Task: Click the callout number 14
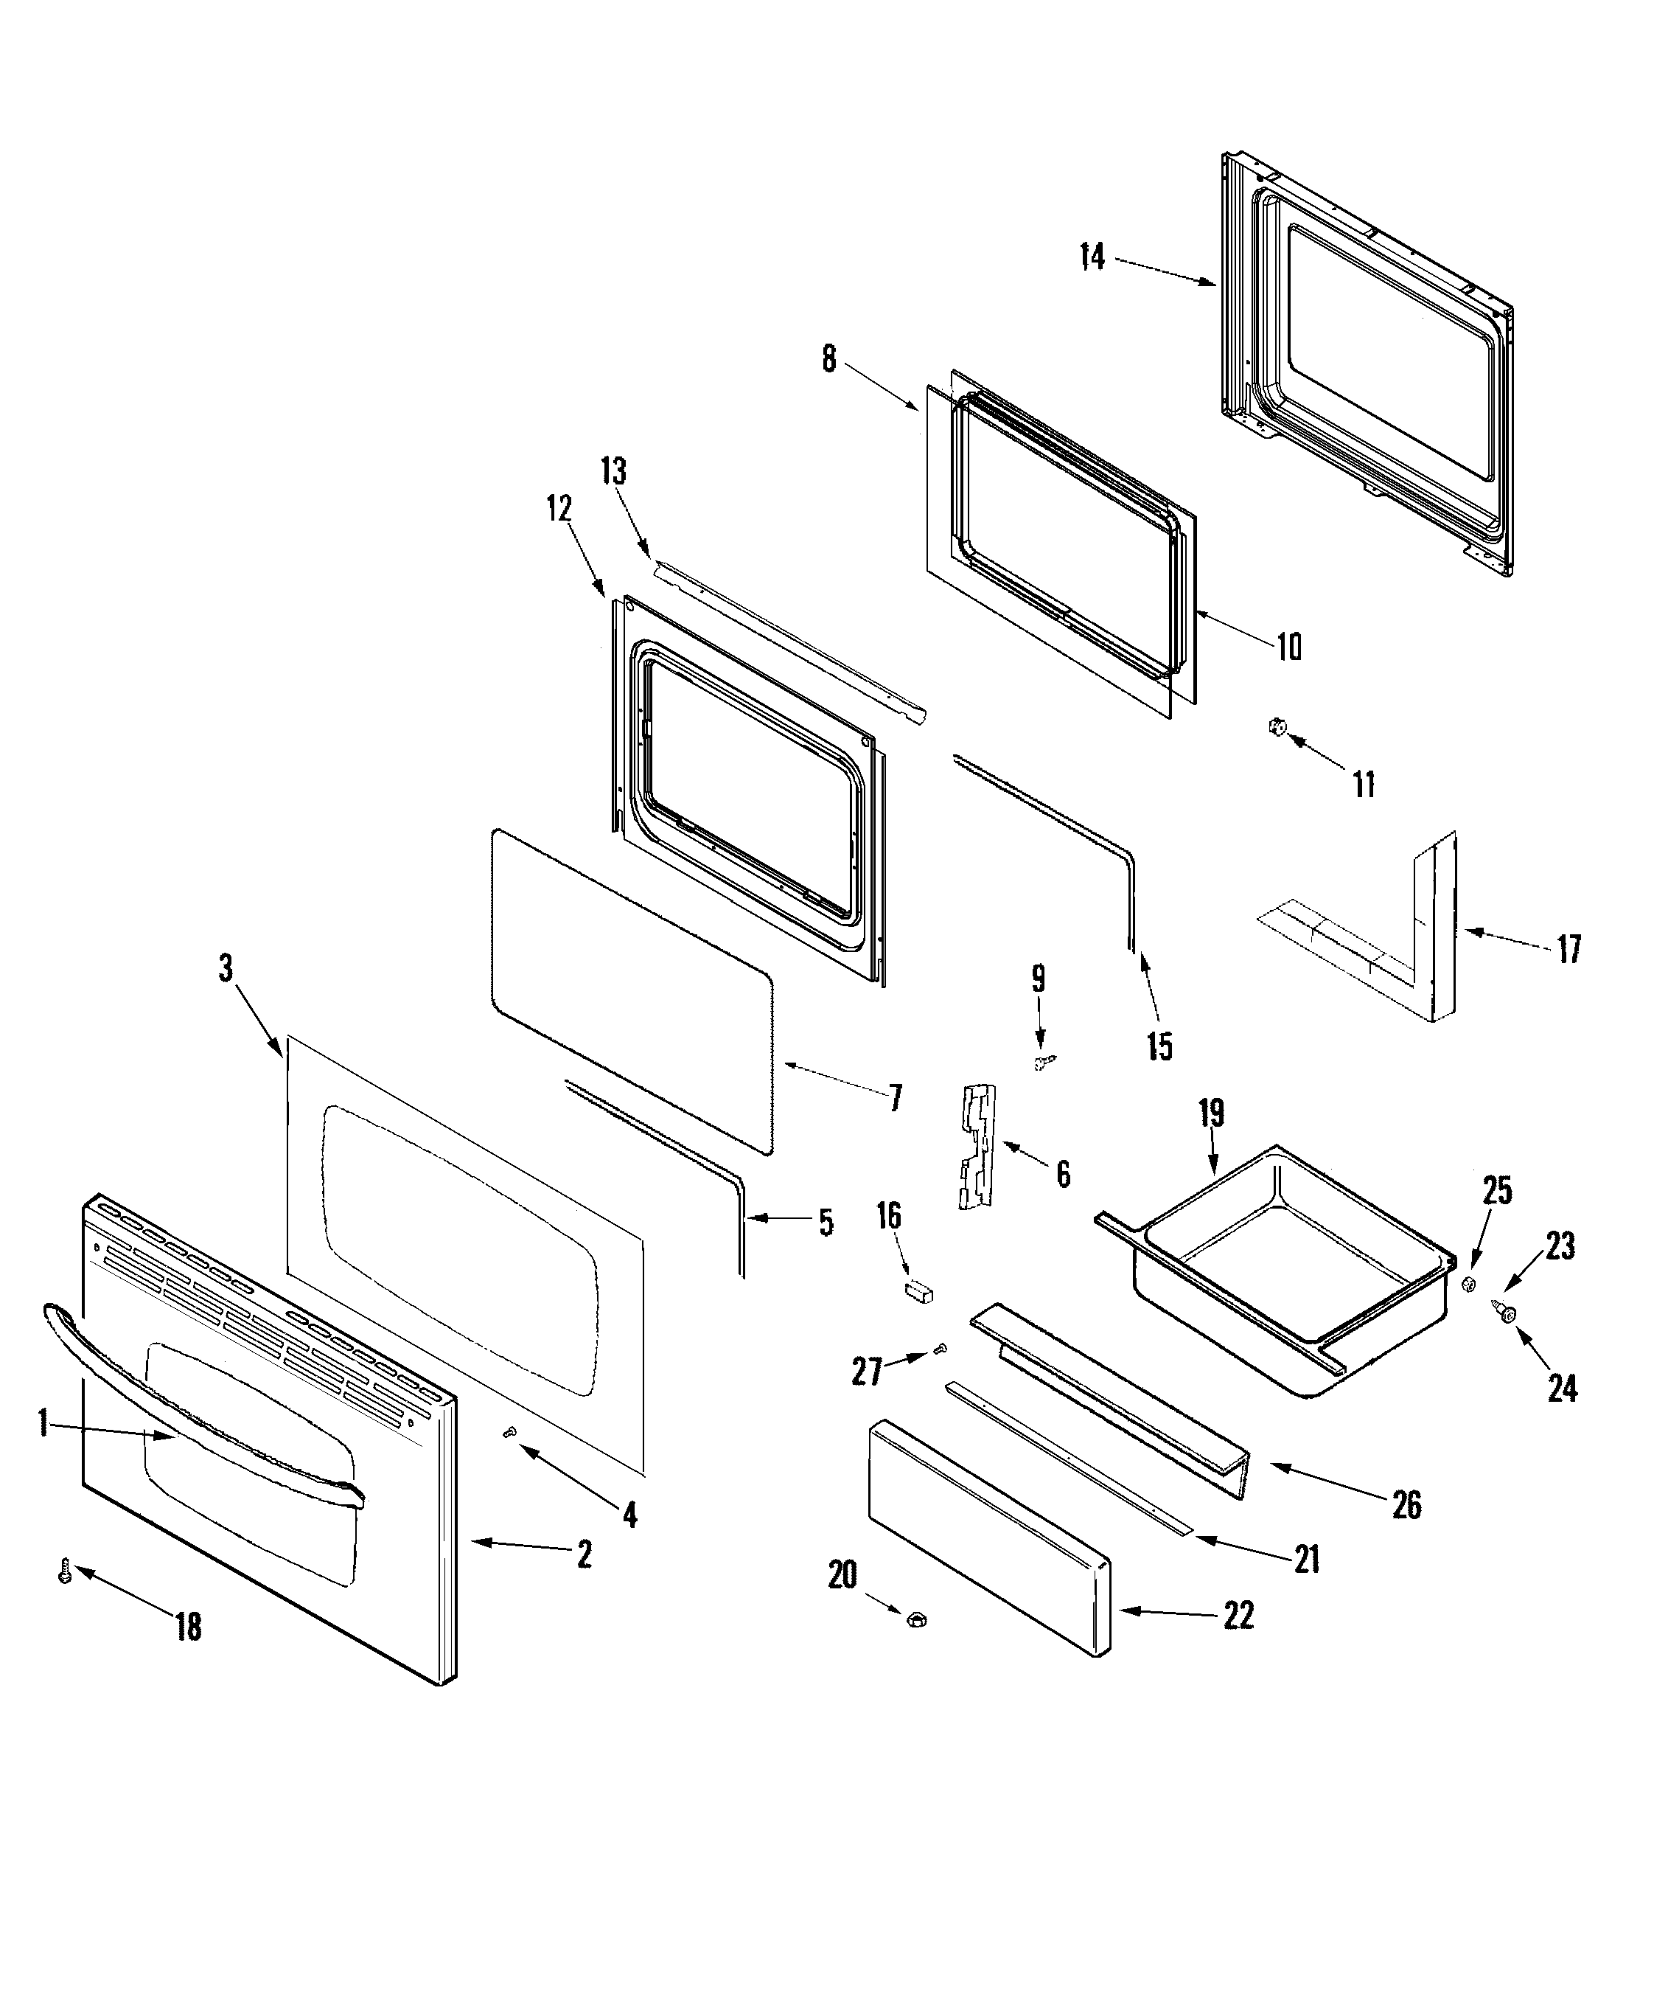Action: pos(1092,256)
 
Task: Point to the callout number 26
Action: pos(1406,1504)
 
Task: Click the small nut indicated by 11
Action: pos(1277,727)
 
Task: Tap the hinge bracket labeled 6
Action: pos(977,1147)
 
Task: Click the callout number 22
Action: pos(1238,1616)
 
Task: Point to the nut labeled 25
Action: pos(1468,1284)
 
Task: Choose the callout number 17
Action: pos(1568,948)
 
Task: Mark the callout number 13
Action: pos(613,471)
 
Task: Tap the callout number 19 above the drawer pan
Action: pos(1211,1113)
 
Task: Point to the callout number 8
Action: pos(828,359)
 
